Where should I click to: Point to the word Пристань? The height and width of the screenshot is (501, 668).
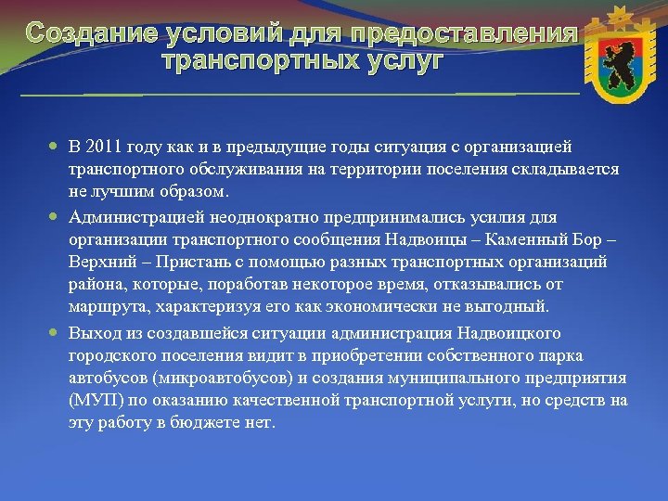tap(171, 262)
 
